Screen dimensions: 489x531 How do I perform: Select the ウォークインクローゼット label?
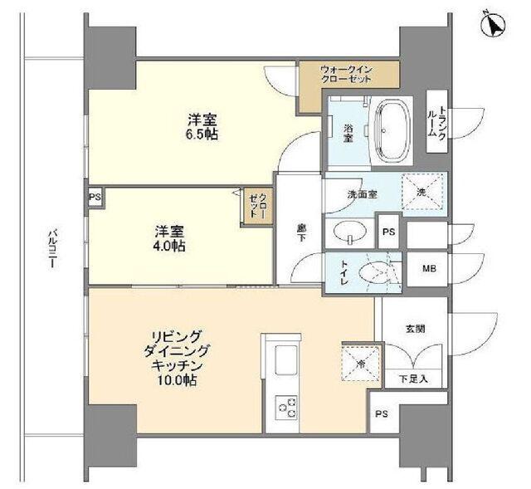[x=346, y=73]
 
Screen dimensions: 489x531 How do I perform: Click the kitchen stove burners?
[x=286, y=407]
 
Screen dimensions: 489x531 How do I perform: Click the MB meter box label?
[x=429, y=270]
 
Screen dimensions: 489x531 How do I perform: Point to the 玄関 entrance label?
[x=417, y=328]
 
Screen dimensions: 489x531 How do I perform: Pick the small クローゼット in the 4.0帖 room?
[x=256, y=204]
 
